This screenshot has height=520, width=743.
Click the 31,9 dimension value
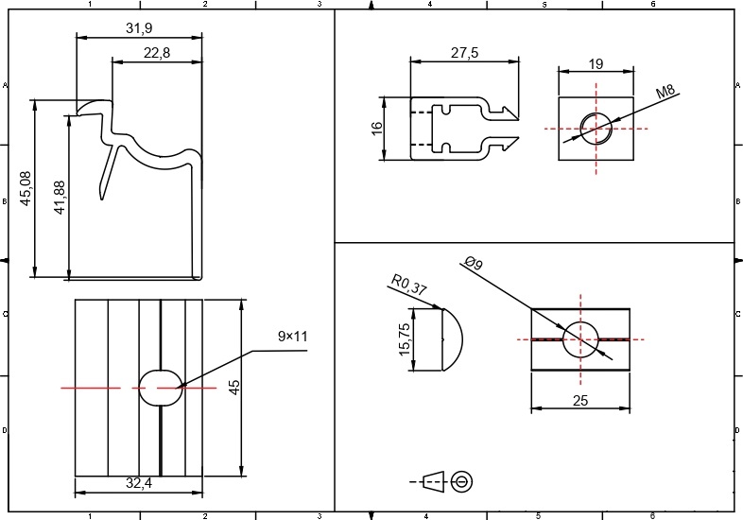coord(139,28)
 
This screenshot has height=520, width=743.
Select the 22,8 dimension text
coord(157,53)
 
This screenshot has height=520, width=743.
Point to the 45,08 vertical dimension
coord(26,188)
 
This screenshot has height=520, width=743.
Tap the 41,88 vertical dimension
coord(60,198)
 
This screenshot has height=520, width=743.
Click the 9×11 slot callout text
coord(293,336)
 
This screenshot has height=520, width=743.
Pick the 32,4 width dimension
coord(138,483)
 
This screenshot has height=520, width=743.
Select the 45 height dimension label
coord(233,388)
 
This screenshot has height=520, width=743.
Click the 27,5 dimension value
coord(464,54)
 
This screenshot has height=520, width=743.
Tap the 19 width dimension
coord(596,63)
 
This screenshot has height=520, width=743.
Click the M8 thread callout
coord(667,93)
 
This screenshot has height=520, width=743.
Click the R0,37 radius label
coord(407,286)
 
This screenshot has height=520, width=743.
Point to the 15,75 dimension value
coord(405,339)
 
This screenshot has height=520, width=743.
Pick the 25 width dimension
coord(580,401)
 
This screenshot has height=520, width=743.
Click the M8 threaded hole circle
coord(596,127)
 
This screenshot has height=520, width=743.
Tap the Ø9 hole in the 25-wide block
coord(580,338)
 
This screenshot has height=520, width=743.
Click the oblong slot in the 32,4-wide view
coord(159,387)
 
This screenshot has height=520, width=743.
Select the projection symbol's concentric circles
coord(462,481)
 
